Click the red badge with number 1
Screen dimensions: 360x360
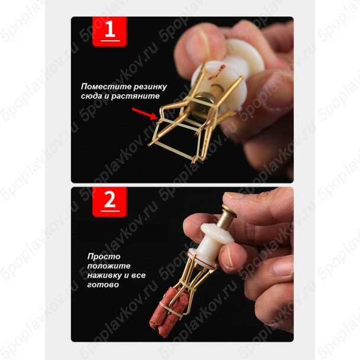(110, 31)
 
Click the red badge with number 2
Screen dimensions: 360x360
(110, 202)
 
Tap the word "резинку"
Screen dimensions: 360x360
(150, 87)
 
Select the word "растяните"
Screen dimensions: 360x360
(135, 96)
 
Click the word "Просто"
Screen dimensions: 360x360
(104, 256)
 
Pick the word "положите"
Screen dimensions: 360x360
(109, 266)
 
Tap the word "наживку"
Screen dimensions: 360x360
(105, 275)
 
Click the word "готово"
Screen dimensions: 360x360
(103, 285)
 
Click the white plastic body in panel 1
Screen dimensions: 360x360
(227, 71)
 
